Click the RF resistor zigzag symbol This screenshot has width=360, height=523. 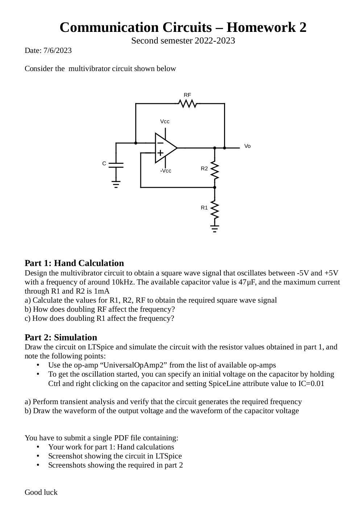(188, 104)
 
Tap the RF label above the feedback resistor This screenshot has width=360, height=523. (187, 95)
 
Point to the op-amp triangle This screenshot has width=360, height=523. (165, 148)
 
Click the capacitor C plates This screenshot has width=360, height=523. (116, 165)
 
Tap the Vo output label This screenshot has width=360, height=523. (247, 146)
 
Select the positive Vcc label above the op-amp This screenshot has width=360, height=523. (165, 121)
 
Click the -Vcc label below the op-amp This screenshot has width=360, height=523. (166, 171)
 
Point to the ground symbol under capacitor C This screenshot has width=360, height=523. (116, 185)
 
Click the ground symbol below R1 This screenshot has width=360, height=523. (215, 229)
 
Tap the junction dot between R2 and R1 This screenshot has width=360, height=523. (215, 187)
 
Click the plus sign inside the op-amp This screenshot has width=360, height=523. (160, 153)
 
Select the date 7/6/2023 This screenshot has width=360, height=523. (58, 50)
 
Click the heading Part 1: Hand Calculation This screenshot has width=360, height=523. (74, 263)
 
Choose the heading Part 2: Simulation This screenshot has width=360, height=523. (61, 337)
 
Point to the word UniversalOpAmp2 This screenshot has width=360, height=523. (136, 365)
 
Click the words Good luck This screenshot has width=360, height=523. (41, 492)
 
